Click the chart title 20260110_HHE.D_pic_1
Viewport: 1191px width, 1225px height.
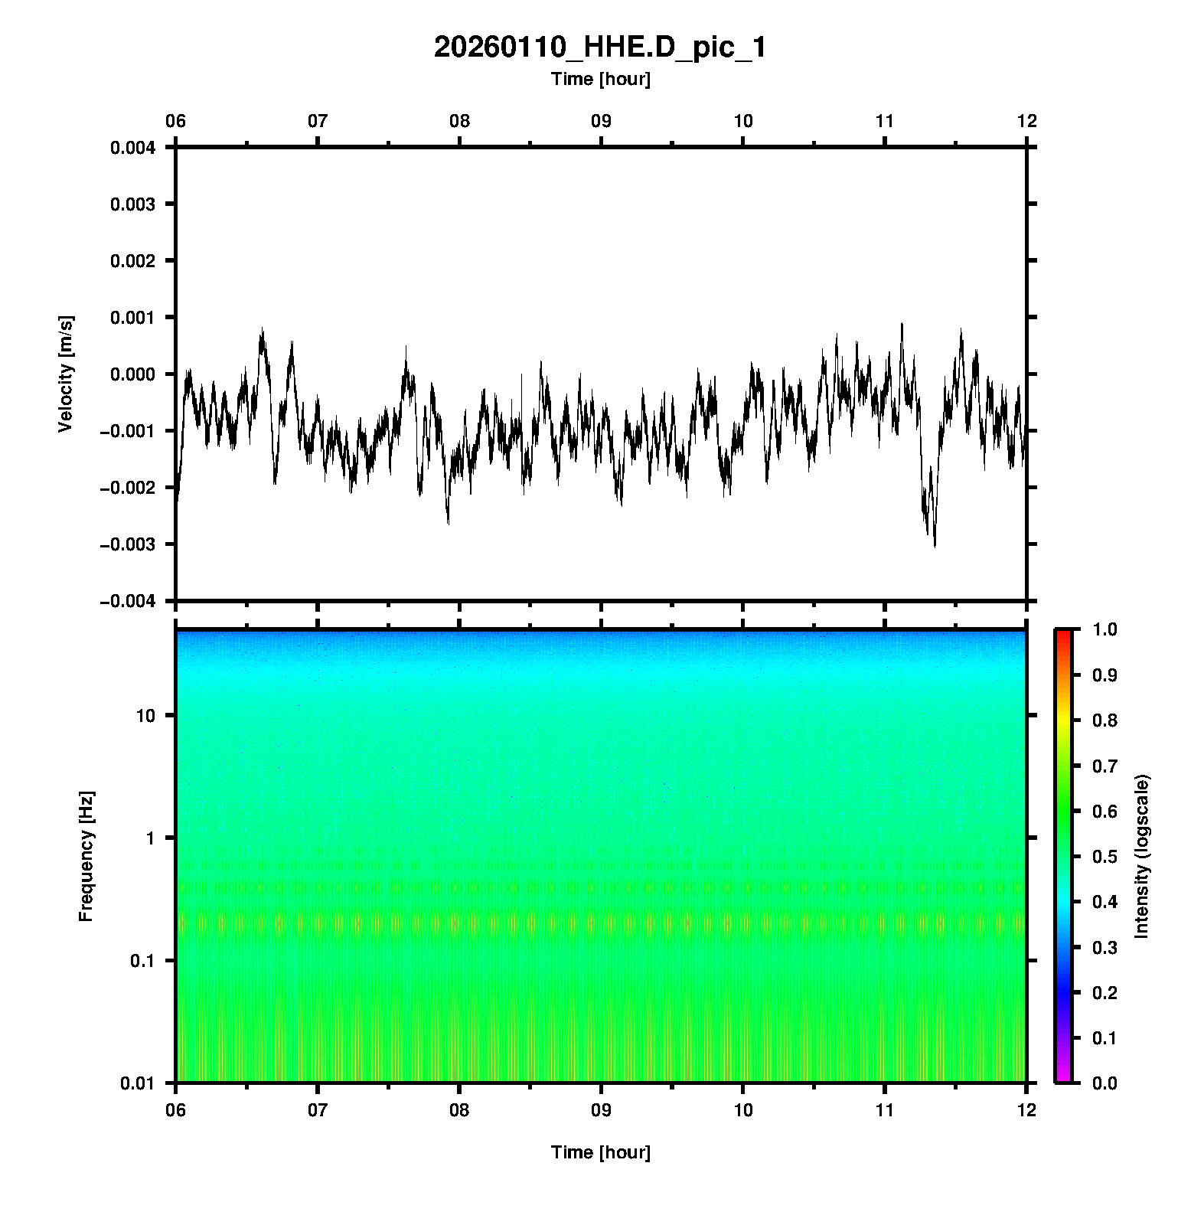pos(599,47)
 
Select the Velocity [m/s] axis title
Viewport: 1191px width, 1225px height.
pos(66,374)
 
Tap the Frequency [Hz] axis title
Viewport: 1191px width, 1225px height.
pos(86,857)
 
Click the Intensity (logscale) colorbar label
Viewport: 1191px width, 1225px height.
pos(1142,856)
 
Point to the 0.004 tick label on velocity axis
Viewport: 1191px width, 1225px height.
pos(132,148)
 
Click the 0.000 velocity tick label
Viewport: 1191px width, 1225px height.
pos(132,374)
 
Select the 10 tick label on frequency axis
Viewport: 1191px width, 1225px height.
pos(145,716)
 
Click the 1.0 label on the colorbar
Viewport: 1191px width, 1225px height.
pos(1106,629)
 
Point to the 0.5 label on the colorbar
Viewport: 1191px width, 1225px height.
pos(1106,856)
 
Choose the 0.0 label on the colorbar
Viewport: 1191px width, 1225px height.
pos(1106,1083)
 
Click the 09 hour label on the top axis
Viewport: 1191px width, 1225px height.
pos(601,121)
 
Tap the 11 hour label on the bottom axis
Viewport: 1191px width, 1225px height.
pos(885,1109)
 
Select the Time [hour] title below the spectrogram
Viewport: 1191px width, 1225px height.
pos(600,1152)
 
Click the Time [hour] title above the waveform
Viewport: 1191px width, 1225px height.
pos(600,79)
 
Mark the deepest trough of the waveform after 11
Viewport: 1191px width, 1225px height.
pos(935,546)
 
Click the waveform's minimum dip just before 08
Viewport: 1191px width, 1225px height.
pos(448,524)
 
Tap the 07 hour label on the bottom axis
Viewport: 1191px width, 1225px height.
pos(318,1109)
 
